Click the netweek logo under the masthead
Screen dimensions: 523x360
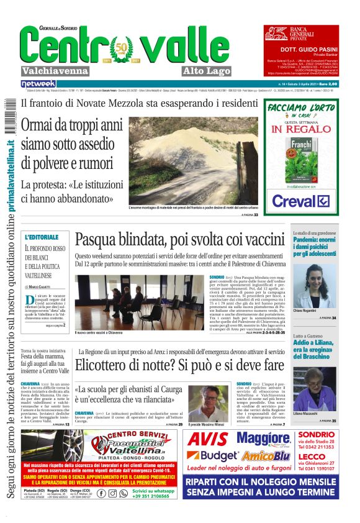click(38, 83)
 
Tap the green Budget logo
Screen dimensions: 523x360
click(213, 457)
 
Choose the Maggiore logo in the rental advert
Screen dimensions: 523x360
click(263, 439)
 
